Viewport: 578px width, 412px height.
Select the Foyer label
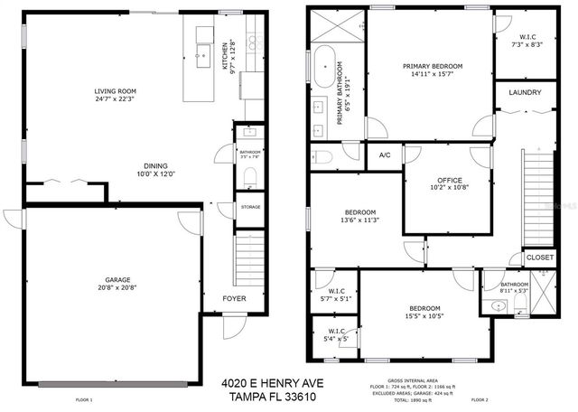(234, 297)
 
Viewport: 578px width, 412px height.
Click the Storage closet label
(250, 207)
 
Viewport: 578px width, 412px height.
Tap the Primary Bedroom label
(433, 66)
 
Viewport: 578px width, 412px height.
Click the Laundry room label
(525, 93)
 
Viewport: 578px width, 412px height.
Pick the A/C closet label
(385, 154)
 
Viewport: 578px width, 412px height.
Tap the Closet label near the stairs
(539, 257)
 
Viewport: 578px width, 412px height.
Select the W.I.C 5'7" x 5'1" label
(334, 294)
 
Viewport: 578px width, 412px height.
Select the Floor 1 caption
(84, 398)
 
